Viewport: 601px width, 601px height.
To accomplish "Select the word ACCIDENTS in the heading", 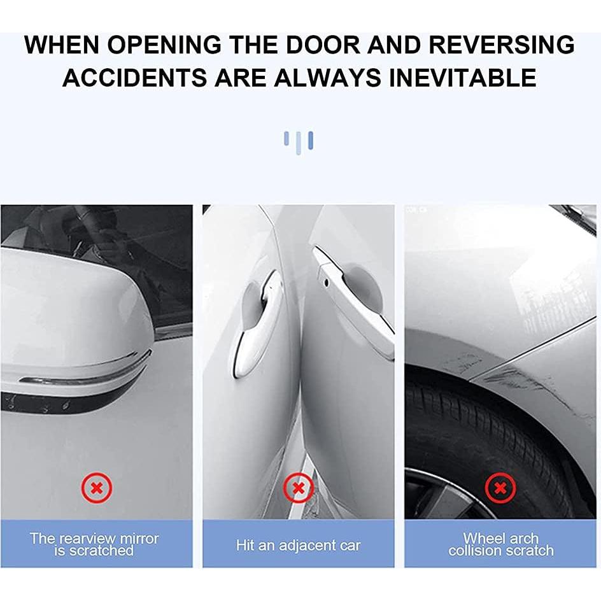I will [x=134, y=77].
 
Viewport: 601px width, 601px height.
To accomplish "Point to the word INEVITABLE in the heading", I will [x=463, y=77].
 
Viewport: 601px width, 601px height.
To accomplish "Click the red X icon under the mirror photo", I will [x=96, y=489].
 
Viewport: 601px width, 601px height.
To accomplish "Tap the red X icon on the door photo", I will [x=298, y=489].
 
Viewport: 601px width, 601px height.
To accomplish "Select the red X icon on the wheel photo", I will [x=500, y=489].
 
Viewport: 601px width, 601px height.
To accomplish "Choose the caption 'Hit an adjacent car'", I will [x=298, y=545].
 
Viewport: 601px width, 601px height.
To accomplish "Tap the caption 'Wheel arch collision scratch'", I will [x=500, y=544].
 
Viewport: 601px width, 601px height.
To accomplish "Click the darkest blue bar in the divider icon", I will [x=310, y=140].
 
